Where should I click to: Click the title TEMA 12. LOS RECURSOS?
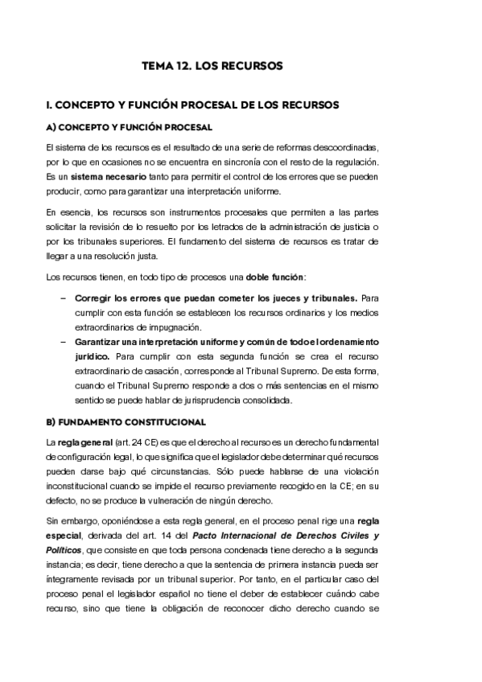pos(212,66)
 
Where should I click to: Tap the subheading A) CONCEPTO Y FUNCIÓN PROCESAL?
pos(129,128)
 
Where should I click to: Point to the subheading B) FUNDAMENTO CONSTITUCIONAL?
pos(126,421)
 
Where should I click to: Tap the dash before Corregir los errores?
pos(64,298)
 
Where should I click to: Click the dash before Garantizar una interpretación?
pos(64,341)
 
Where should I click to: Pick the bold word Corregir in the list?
pos(100,298)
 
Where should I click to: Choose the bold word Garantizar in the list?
pos(107,341)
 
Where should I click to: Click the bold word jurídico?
pos(94,355)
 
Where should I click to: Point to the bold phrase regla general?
pos(80,444)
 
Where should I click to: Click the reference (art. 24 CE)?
pos(131,444)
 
